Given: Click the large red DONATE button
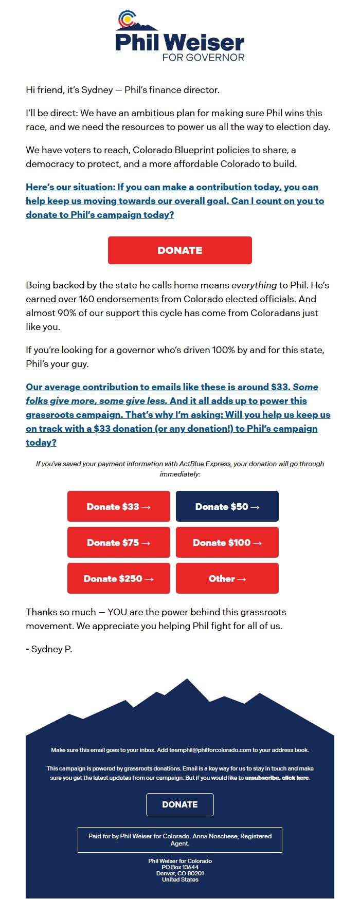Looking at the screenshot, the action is click(x=179, y=250).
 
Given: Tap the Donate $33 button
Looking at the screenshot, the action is click(x=118, y=506).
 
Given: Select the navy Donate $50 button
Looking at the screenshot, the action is click(x=227, y=506).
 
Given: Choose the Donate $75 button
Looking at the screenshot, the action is click(x=118, y=542).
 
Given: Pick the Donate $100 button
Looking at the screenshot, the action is click(x=227, y=542).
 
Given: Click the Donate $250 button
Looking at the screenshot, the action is click(x=118, y=578).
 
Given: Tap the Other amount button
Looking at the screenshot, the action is click(x=227, y=578).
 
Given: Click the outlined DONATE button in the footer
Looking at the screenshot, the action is click(x=179, y=804).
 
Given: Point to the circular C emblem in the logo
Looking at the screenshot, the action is click(x=126, y=20).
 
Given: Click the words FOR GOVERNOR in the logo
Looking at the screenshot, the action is click(x=203, y=57).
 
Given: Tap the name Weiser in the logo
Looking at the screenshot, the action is click(x=205, y=42).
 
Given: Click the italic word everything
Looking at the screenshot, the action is click(x=254, y=285).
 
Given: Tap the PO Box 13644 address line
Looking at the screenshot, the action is click(x=179, y=867).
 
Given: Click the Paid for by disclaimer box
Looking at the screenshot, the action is click(x=179, y=839).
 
